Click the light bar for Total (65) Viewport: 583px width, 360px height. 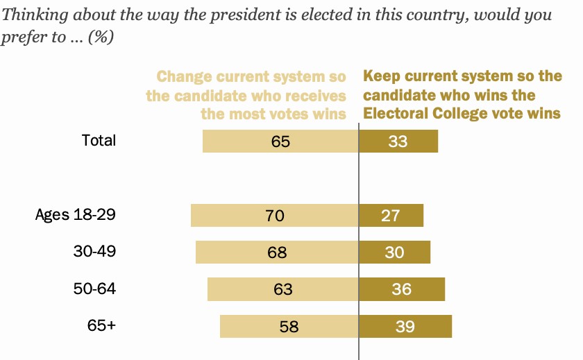(x=280, y=142)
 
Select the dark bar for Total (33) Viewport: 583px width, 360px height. (x=398, y=142)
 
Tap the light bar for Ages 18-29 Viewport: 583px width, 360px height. (x=275, y=215)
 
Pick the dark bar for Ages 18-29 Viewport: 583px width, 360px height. (x=391, y=215)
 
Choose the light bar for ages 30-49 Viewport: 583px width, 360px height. (x=277, y=252)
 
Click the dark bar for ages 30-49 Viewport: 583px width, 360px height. (x=394, y=252)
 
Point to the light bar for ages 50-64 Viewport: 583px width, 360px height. (x=282, y=289)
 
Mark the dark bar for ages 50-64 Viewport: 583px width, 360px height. (x=402, y=289)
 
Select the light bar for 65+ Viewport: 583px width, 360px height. (x=289, y=326)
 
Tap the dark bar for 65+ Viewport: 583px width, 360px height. (x=405, y=326)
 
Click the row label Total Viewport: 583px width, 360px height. (x=99, y=140)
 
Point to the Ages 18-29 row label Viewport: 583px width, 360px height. (x=75, y=214)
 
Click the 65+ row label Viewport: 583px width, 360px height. (x=101, y=325)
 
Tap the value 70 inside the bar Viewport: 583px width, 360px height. (x=275, y=216)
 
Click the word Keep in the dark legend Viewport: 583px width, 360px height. (x=380, y=76)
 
